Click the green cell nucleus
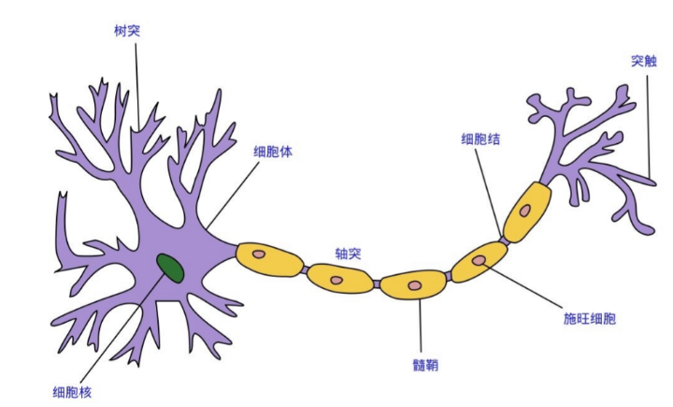(x=170, y=268)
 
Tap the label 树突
(x=127, y=30)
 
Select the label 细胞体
(x=273, y=150)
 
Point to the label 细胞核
(x=72, y=390)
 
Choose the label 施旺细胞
(x=590, y=318)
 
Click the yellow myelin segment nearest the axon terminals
(x=527, y=212)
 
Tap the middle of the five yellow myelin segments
(x=413, y=284)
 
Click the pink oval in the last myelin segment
(x=525, y=211)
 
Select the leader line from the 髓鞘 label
(x=420, y=327)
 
